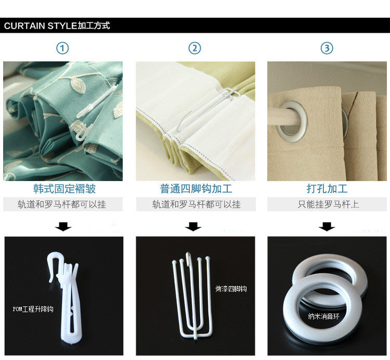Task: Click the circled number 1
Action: pos(62,48)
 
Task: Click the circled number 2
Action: pos(194,48)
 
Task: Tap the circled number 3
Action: pos(327,48)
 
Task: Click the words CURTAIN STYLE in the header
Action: pos(41,25)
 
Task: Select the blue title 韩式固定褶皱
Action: pos(64,189)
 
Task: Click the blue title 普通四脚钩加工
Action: pos(196,189)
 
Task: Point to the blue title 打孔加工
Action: pos(327,189)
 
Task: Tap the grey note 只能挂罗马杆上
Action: pos(328,204)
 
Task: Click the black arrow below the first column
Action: pos(63,227)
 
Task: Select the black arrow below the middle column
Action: pos(193,227)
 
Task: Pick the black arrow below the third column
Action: pos(327,227)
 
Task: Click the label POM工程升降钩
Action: pos(33,309)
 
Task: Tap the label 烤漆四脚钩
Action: pos(231,289)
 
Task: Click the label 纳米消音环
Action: pos(323,316)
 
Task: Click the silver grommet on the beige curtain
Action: pos(292,122)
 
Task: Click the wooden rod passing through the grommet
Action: pos(281,117)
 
